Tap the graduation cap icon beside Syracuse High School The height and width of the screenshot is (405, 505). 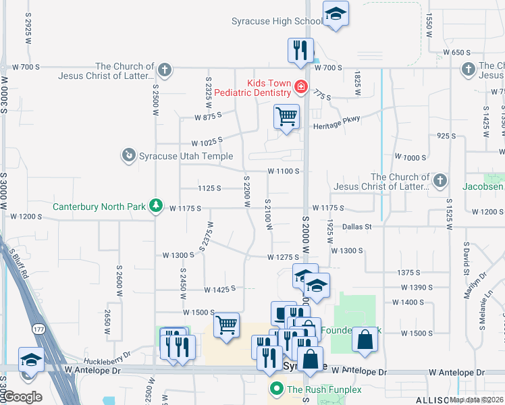coord(335,13)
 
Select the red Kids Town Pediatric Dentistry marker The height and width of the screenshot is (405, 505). coord(300,86)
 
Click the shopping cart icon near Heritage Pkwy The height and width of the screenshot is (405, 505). coord(286,116)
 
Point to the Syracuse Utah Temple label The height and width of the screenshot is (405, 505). coord(180,156)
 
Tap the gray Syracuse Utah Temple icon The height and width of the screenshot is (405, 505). coord(128,156)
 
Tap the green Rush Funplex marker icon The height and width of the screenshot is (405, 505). coord(276,389)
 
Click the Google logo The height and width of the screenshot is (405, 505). coord(22,397)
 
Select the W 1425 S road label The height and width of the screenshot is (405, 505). coord(220,289)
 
